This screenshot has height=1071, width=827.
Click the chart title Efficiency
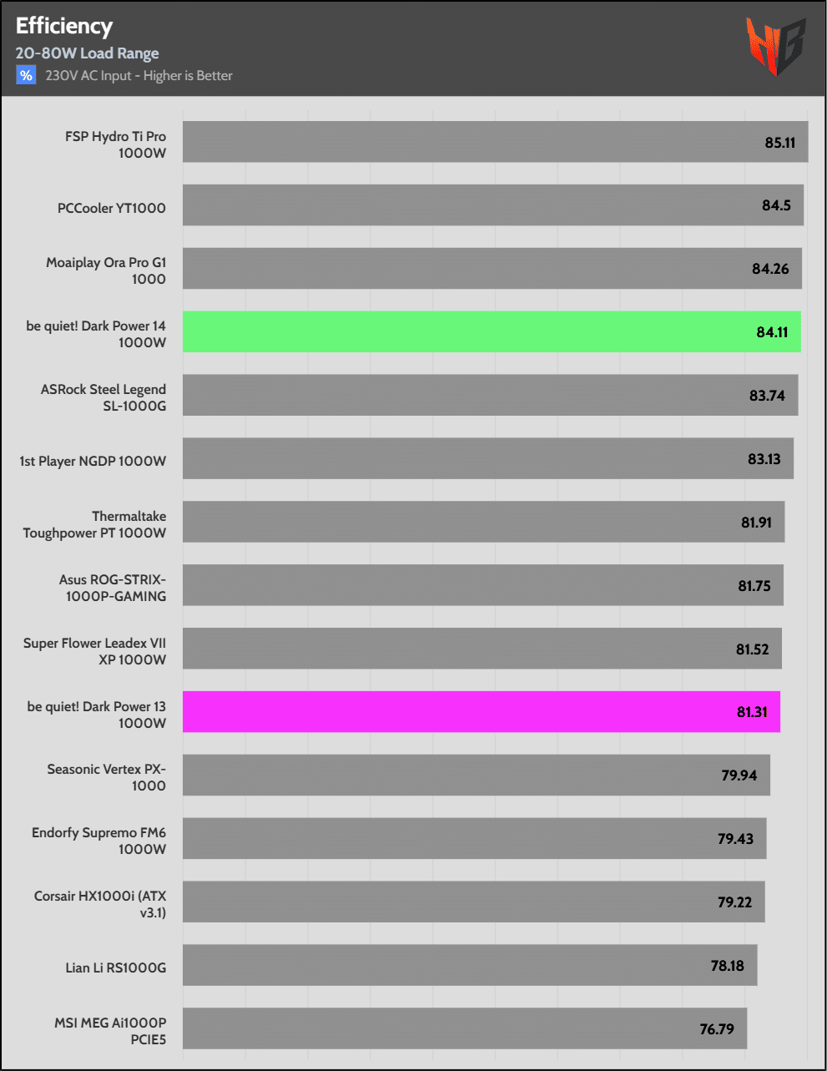coord(63,27)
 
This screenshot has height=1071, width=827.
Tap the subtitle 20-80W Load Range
coord(87,53)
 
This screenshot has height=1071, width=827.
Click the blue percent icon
coord(26,76)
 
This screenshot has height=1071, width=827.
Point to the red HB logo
coord(775,46)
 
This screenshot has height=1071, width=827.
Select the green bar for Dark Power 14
coord(491,331)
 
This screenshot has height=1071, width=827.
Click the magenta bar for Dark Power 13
coord(481,712)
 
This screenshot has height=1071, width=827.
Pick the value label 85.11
coord(779,143)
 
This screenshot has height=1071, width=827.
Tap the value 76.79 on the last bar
coord(716,1029)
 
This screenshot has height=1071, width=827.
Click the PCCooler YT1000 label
coord(111,208)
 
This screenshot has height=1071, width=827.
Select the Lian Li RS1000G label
coord(115,967)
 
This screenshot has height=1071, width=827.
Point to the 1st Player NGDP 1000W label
coord(93,461)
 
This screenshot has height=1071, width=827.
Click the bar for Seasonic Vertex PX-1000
coord(476,775)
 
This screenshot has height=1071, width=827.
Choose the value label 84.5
coord(776,205)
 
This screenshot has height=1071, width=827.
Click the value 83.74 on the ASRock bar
coord(766,396)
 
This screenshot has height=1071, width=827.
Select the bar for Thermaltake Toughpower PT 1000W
coord(483,522)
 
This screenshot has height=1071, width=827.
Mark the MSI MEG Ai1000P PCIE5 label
coord(110,1031)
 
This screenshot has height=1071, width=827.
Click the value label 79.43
coord(735,839)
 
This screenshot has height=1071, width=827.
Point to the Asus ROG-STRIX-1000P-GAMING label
coord(113,588)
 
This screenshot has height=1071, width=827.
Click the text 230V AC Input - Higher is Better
coord(139,76)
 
